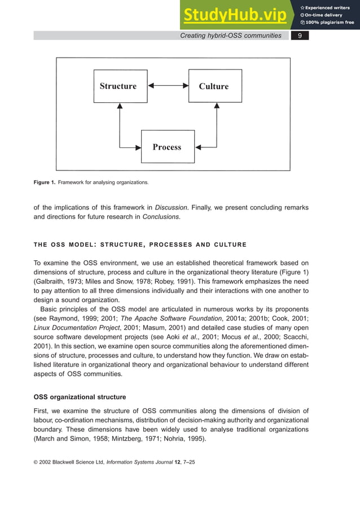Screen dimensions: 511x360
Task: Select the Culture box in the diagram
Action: (x=214, y=86)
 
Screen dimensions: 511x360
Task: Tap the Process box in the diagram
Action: (x=168, y=147)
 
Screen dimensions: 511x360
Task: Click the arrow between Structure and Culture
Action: (x=168, y=86)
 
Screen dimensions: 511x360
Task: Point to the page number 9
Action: (x=300, y=36)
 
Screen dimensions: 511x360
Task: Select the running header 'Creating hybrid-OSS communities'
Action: (x=230, y=36)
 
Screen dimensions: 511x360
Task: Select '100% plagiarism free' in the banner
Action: (x=330, y=23)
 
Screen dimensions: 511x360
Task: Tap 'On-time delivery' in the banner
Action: (x=326, y=15)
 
